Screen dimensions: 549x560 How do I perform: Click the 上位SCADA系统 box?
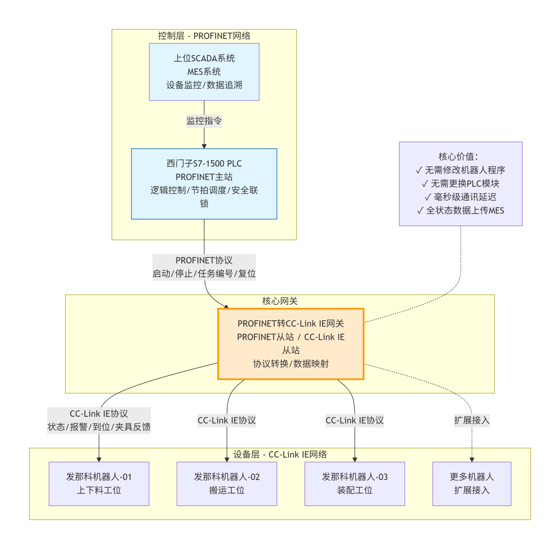(204, 72)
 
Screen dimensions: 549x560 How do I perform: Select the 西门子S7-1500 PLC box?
(204, 184)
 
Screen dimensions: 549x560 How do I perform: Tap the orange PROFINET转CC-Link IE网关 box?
(291, 344)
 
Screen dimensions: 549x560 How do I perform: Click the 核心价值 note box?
(460, 184)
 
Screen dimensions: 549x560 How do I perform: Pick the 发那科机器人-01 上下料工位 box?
(99, 484)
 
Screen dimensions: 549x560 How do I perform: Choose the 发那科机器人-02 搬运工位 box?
(226, 484)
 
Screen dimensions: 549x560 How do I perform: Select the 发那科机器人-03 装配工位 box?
(354, 484)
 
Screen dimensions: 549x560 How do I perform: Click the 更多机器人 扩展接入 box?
(472, 484)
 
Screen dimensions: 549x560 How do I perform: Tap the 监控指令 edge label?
(204, 121)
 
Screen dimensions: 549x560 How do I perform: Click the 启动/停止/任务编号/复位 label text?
(204, 274)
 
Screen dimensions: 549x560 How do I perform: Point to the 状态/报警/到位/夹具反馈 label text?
(99, 427)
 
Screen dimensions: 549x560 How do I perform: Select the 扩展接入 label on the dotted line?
(472, 420)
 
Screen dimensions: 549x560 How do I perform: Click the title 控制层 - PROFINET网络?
(204, 36)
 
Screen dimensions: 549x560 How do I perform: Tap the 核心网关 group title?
(280, 301)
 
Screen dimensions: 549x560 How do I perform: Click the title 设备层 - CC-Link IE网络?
(280, 454)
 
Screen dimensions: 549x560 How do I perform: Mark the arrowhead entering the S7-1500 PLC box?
(204, 146)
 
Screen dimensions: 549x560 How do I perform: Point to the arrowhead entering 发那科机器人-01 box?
(99, 459)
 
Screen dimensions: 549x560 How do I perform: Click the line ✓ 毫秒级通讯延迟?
(460, 197)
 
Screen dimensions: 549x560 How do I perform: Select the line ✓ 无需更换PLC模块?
(460, 184)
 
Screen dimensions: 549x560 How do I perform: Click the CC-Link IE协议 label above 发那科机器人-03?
(354, 420)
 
